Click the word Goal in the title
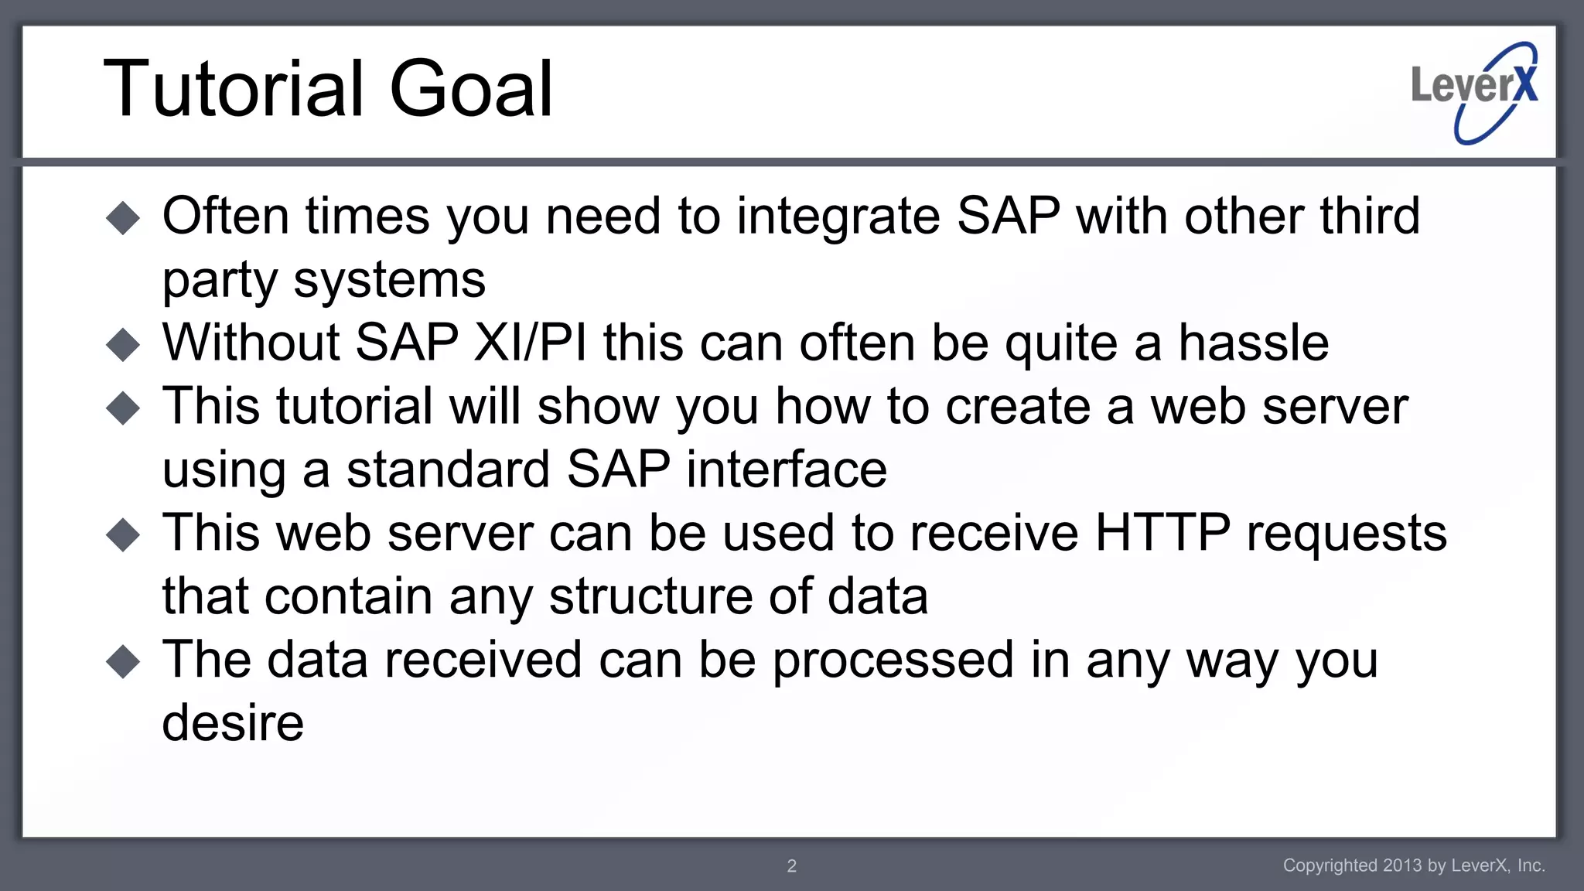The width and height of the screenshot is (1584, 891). pos(471,89)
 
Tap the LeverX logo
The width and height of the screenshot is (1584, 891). pos(1474,91)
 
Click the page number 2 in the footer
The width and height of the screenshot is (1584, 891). pos(791,866)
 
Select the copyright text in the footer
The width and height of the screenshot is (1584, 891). pos(1413,865)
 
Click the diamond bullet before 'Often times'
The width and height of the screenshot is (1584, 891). pos(123,218)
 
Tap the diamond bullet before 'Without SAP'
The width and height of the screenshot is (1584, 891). pos(123,345)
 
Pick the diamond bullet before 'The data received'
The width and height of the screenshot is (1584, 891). pos(123,662)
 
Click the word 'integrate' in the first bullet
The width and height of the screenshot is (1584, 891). pos(838,217)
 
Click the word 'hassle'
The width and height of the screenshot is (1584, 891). pos(1253,343)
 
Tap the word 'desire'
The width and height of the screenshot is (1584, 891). pos(233,723)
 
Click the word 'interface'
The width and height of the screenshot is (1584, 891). pos(787,469)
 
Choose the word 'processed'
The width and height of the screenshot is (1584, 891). pos(893,661)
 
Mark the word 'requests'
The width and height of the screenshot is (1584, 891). pos(1347,534)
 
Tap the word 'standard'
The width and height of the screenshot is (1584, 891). pos(448,469)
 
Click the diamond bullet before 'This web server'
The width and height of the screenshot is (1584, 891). pos(123,535)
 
